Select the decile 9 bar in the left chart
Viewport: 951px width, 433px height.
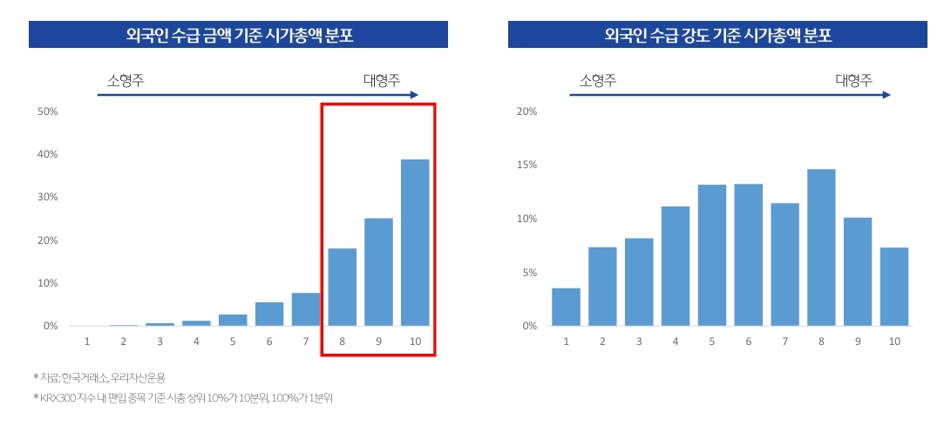[x=378, y=272]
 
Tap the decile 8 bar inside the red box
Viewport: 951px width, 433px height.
[x=342, y=287]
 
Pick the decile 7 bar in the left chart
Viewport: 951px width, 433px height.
[x=305, y=309]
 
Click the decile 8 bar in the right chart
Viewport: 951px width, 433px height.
[x=821, y=247]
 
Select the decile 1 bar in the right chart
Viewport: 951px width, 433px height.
[x=566, y=307]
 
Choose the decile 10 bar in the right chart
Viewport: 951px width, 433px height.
[x=894, y=287]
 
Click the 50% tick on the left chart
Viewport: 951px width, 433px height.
[x=46, y=112]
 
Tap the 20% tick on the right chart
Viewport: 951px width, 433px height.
[x=526, y=112]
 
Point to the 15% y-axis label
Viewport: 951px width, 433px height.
[x=526, y=166]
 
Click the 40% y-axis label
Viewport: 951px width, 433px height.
[x=46, y=154]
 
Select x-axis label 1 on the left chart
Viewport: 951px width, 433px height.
[x=86, y=342]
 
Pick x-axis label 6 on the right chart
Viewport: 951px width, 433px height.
[x=749, y=342]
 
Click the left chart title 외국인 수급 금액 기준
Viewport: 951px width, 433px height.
[x=238, y=35]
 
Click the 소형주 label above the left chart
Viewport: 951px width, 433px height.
[x=126, y=80]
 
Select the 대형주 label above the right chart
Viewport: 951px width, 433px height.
[x=853, y=80]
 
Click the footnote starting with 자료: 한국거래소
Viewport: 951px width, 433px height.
[x=101, y=377]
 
